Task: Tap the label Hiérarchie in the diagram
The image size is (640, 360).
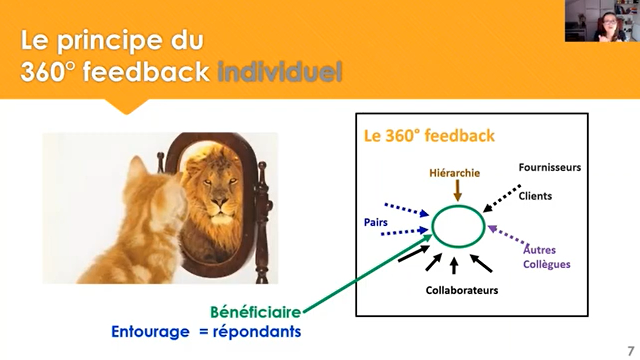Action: [454, 173]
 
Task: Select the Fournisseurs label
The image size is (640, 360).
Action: [550, 167]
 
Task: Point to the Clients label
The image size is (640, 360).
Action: [535, 196]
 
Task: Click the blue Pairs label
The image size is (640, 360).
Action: [376, 222]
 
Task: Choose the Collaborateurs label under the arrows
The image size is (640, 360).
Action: [462, 290]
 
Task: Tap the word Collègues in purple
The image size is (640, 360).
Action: [547, 264]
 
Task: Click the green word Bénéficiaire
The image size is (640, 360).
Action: [256, 312]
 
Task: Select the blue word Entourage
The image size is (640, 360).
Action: [150, 332]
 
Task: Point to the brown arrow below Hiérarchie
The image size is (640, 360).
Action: [458, 191]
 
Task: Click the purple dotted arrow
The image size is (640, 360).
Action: [508, 235]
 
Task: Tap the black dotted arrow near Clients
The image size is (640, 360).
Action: [502, 198]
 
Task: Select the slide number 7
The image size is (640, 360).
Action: [631, 351]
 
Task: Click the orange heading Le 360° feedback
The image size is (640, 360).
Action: [429, 136]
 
